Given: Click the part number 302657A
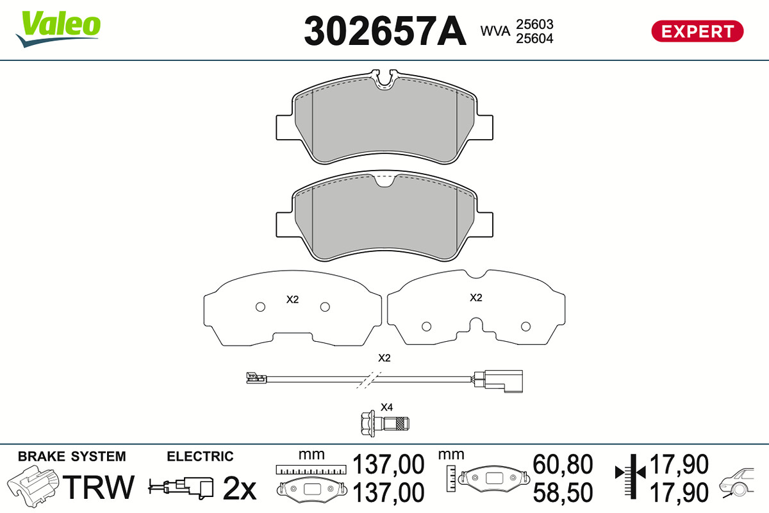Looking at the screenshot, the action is click(385, 31).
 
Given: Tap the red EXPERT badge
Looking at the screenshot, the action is click(698, 31).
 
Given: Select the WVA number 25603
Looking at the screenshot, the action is click(534, 24).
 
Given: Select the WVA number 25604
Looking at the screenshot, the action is click(534, 38).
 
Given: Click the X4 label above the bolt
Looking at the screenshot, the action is click(386, 407).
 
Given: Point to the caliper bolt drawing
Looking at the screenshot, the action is click(385, 424).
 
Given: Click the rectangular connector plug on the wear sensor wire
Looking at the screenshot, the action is click(499, 381).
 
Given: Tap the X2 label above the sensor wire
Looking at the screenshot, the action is click(384, 358).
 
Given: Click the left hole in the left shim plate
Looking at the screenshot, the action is click(261, 307).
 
